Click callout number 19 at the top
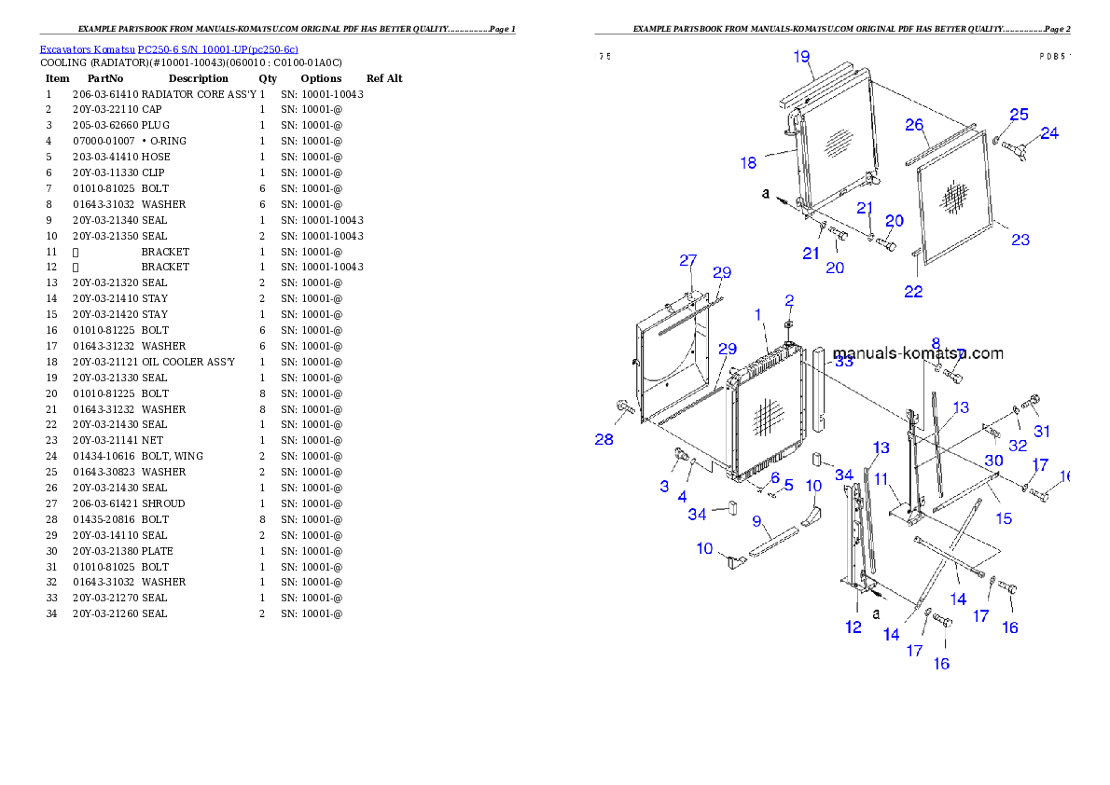click(x=802, y=57)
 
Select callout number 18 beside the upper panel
click(x=748, y=163)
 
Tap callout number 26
click(x=914, y=125)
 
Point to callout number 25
click(x=1019, y=114)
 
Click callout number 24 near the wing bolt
click(x=1049, y=133)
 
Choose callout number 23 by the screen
click(x=1020, y=240)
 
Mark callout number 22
click(x=913, y=292)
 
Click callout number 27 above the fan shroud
click(x=687, y=260)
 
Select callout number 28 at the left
click(x=604, y=439)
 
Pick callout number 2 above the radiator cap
click(x=789, y=300)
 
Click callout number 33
click(x=843, y=362)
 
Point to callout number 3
click(x=664, y=486)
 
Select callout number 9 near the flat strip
click(x=757, y=520)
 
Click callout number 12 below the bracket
click(x=853, y=627)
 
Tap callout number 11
click(x=881, y=478)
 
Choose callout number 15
click(x=1003, y=516)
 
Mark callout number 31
click(x=1042, y=432)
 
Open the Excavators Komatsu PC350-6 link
click(x=169, y=49)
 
